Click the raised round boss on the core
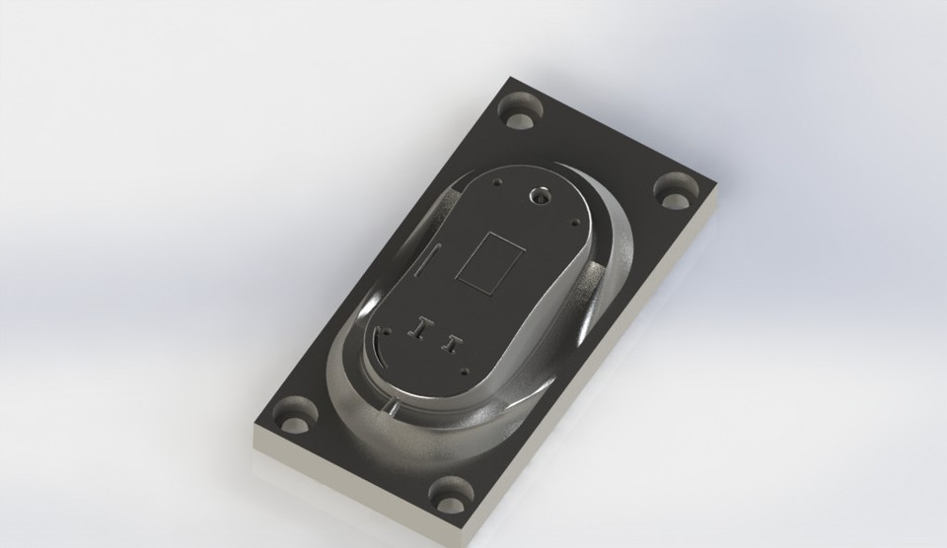coord(540,196)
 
